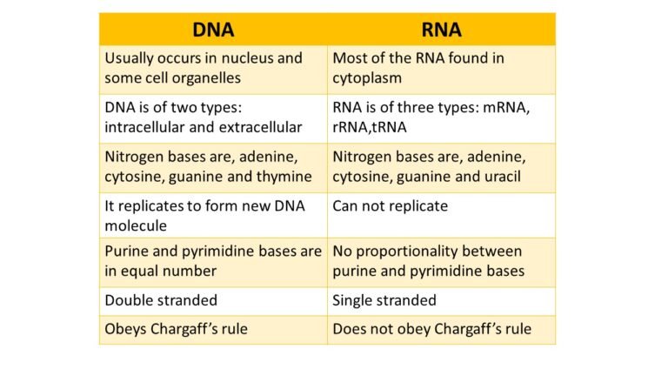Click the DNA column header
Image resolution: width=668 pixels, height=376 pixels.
(x=213, y=30)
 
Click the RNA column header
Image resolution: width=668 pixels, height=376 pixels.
(x=440, y=30)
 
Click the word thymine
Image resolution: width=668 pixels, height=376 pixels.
(x=282, y=177)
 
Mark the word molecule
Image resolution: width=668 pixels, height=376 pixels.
(x=137, y=225)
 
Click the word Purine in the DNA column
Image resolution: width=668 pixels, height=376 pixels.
(x=128, y=252)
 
